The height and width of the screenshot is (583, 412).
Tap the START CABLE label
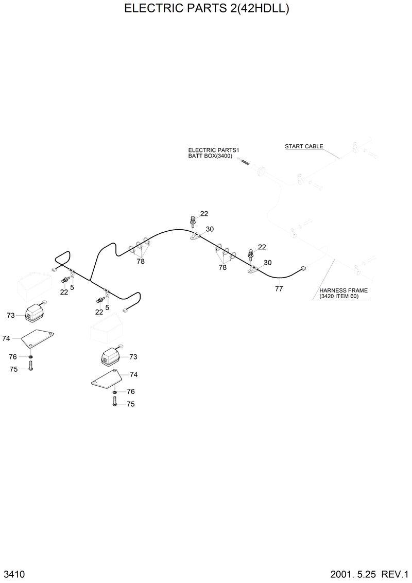(x=304, y=146)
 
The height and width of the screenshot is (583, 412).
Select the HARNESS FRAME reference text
(x=343, y=290)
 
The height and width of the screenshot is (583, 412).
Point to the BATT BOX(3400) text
(x=206, y=156)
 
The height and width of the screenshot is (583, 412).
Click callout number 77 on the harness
(x=279, y=289)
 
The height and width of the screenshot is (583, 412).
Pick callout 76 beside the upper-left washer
(x=13, y=357)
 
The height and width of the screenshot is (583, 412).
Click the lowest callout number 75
(x=130, y=404)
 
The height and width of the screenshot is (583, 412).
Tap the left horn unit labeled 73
(x=36, y=312)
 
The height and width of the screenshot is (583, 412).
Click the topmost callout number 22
(x=204, y=214)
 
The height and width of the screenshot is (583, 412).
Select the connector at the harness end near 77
(x=302, y=268)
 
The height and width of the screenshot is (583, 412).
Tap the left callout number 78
(x=140, y=261)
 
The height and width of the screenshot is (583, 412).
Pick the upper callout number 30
(x=210, y=229)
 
